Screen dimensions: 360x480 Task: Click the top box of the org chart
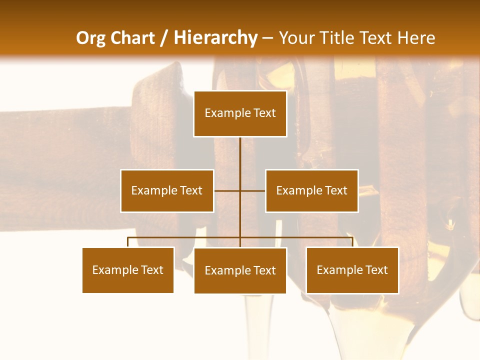[x=240, y=113]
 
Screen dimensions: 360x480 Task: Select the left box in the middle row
[x=167, y=190]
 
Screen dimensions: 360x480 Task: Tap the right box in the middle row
[x=311, y=190]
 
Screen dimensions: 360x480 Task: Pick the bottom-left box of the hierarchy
[x=128, y=270]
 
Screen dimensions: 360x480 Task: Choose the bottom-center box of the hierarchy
[x=240, y=270]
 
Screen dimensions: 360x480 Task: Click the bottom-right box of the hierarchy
[x=352, y=270]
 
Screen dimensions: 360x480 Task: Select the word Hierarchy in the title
[x=215, y=38]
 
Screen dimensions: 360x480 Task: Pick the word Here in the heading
[x=416, y=38]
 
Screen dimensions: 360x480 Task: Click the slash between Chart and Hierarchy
[x=164, y=38]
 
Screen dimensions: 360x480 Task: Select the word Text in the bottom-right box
[x=376, y=270]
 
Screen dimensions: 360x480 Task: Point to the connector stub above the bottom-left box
[x=128, y=242]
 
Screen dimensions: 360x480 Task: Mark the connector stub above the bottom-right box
[x=352, y=242]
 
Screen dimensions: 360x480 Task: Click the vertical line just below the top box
[x=240, y=150]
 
